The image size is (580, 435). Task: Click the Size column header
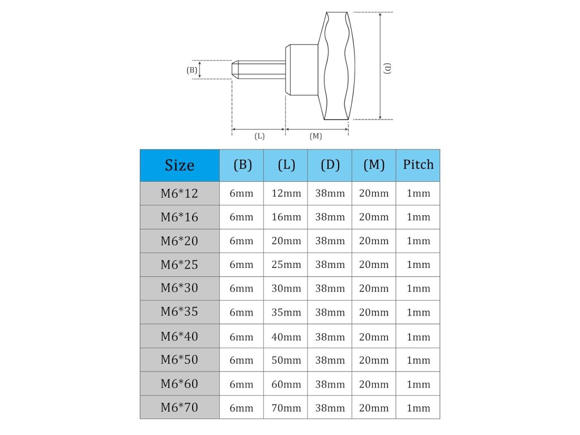coord(180,165)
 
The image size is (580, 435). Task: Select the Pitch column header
coord(418,165)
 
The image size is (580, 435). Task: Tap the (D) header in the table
coord(330,165)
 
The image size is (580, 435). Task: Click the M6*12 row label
coord(180,194)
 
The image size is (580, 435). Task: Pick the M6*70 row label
coord(180,407)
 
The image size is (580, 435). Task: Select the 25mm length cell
coord(286,265)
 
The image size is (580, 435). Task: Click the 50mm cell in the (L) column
coord(286,360)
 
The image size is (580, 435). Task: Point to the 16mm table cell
coord(286,217)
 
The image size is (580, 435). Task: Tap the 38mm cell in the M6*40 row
coord(330,336)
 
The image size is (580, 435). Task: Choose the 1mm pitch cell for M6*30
coord(418,288)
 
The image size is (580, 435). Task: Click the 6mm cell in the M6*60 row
coord(241,384)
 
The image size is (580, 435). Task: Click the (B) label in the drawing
coord(192,70)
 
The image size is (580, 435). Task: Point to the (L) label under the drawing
coord(259,137)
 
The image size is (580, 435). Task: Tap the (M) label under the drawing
coord(316,137)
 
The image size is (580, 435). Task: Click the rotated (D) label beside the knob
coord(388,68)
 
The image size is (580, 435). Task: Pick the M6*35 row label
coord(180,312)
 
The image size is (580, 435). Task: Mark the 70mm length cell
coord(286,408)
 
